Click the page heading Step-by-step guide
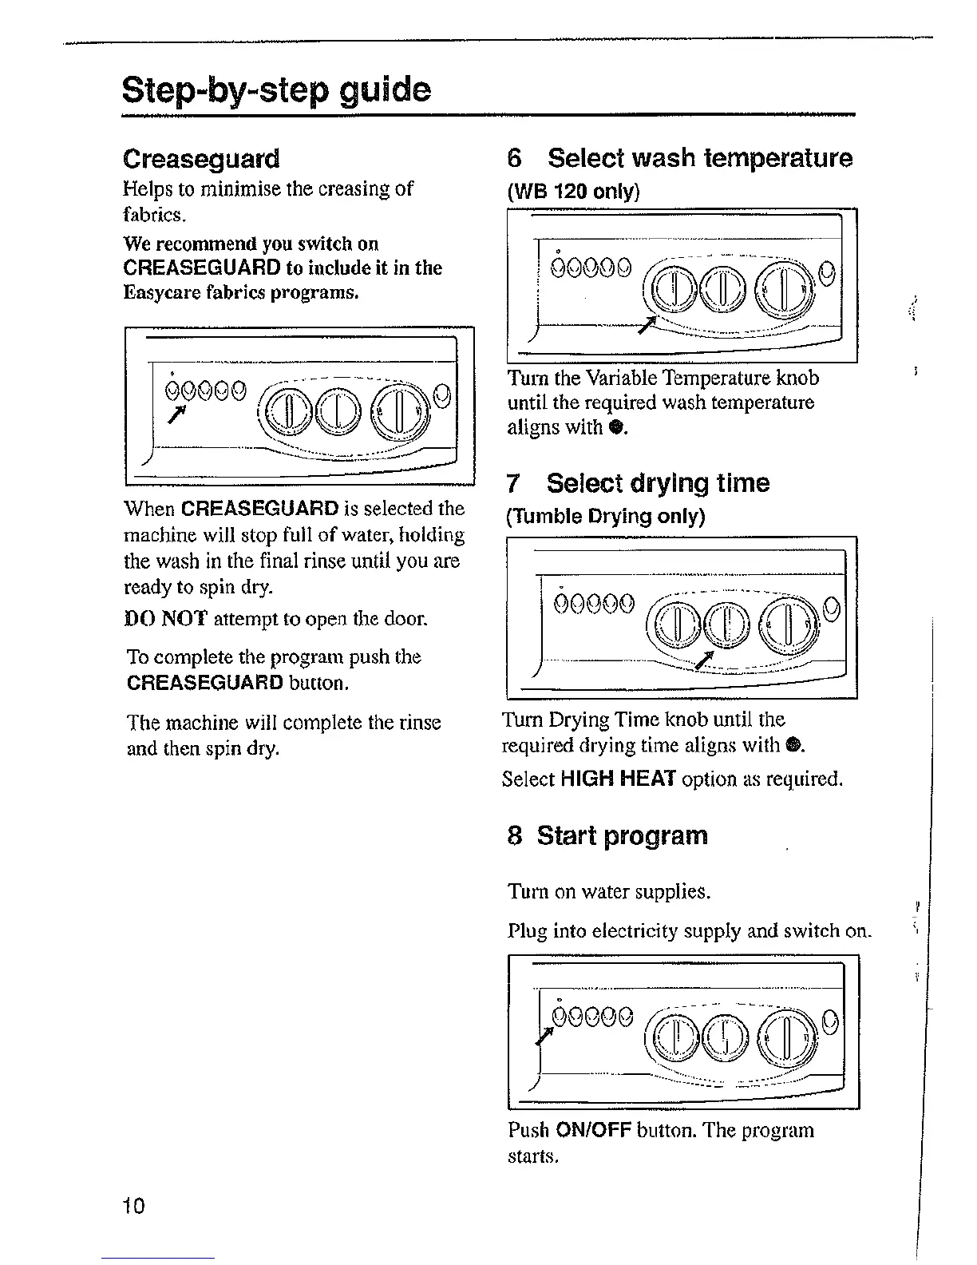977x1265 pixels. tap(276, 90)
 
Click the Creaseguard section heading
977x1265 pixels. tap(201, 159)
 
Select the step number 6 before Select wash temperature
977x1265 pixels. tap(515, 158)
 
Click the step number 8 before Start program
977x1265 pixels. tap(515, 836)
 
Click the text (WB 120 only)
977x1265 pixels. tap(573, 192)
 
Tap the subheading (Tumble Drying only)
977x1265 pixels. tap(605, 517)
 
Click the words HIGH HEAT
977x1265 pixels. tap(619, 779)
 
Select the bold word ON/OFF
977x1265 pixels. tap(591, 1131)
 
